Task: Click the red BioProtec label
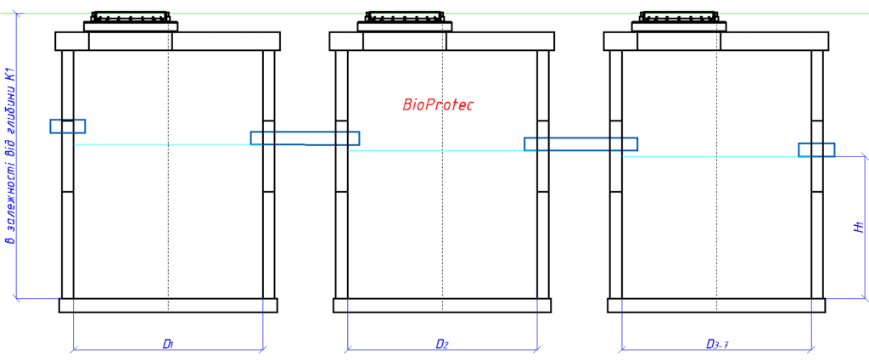point(438,105)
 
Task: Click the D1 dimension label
point(168,344)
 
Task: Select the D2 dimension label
point(442,344)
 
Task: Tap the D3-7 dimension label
point(718,344)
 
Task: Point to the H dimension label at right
point(858,228)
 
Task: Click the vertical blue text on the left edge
point(11,157)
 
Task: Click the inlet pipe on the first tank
point(68,127)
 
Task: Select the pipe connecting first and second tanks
point(305,138)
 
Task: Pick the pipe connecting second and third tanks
point(580,144)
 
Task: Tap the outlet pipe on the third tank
point(816,150)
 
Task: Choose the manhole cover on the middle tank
point(404,18)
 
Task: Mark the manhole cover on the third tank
point(679,18)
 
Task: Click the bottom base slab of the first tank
point(168,306)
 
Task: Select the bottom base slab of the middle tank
point(442,306)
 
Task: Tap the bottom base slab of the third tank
point(717,306)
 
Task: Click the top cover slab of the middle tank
point(501,41)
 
